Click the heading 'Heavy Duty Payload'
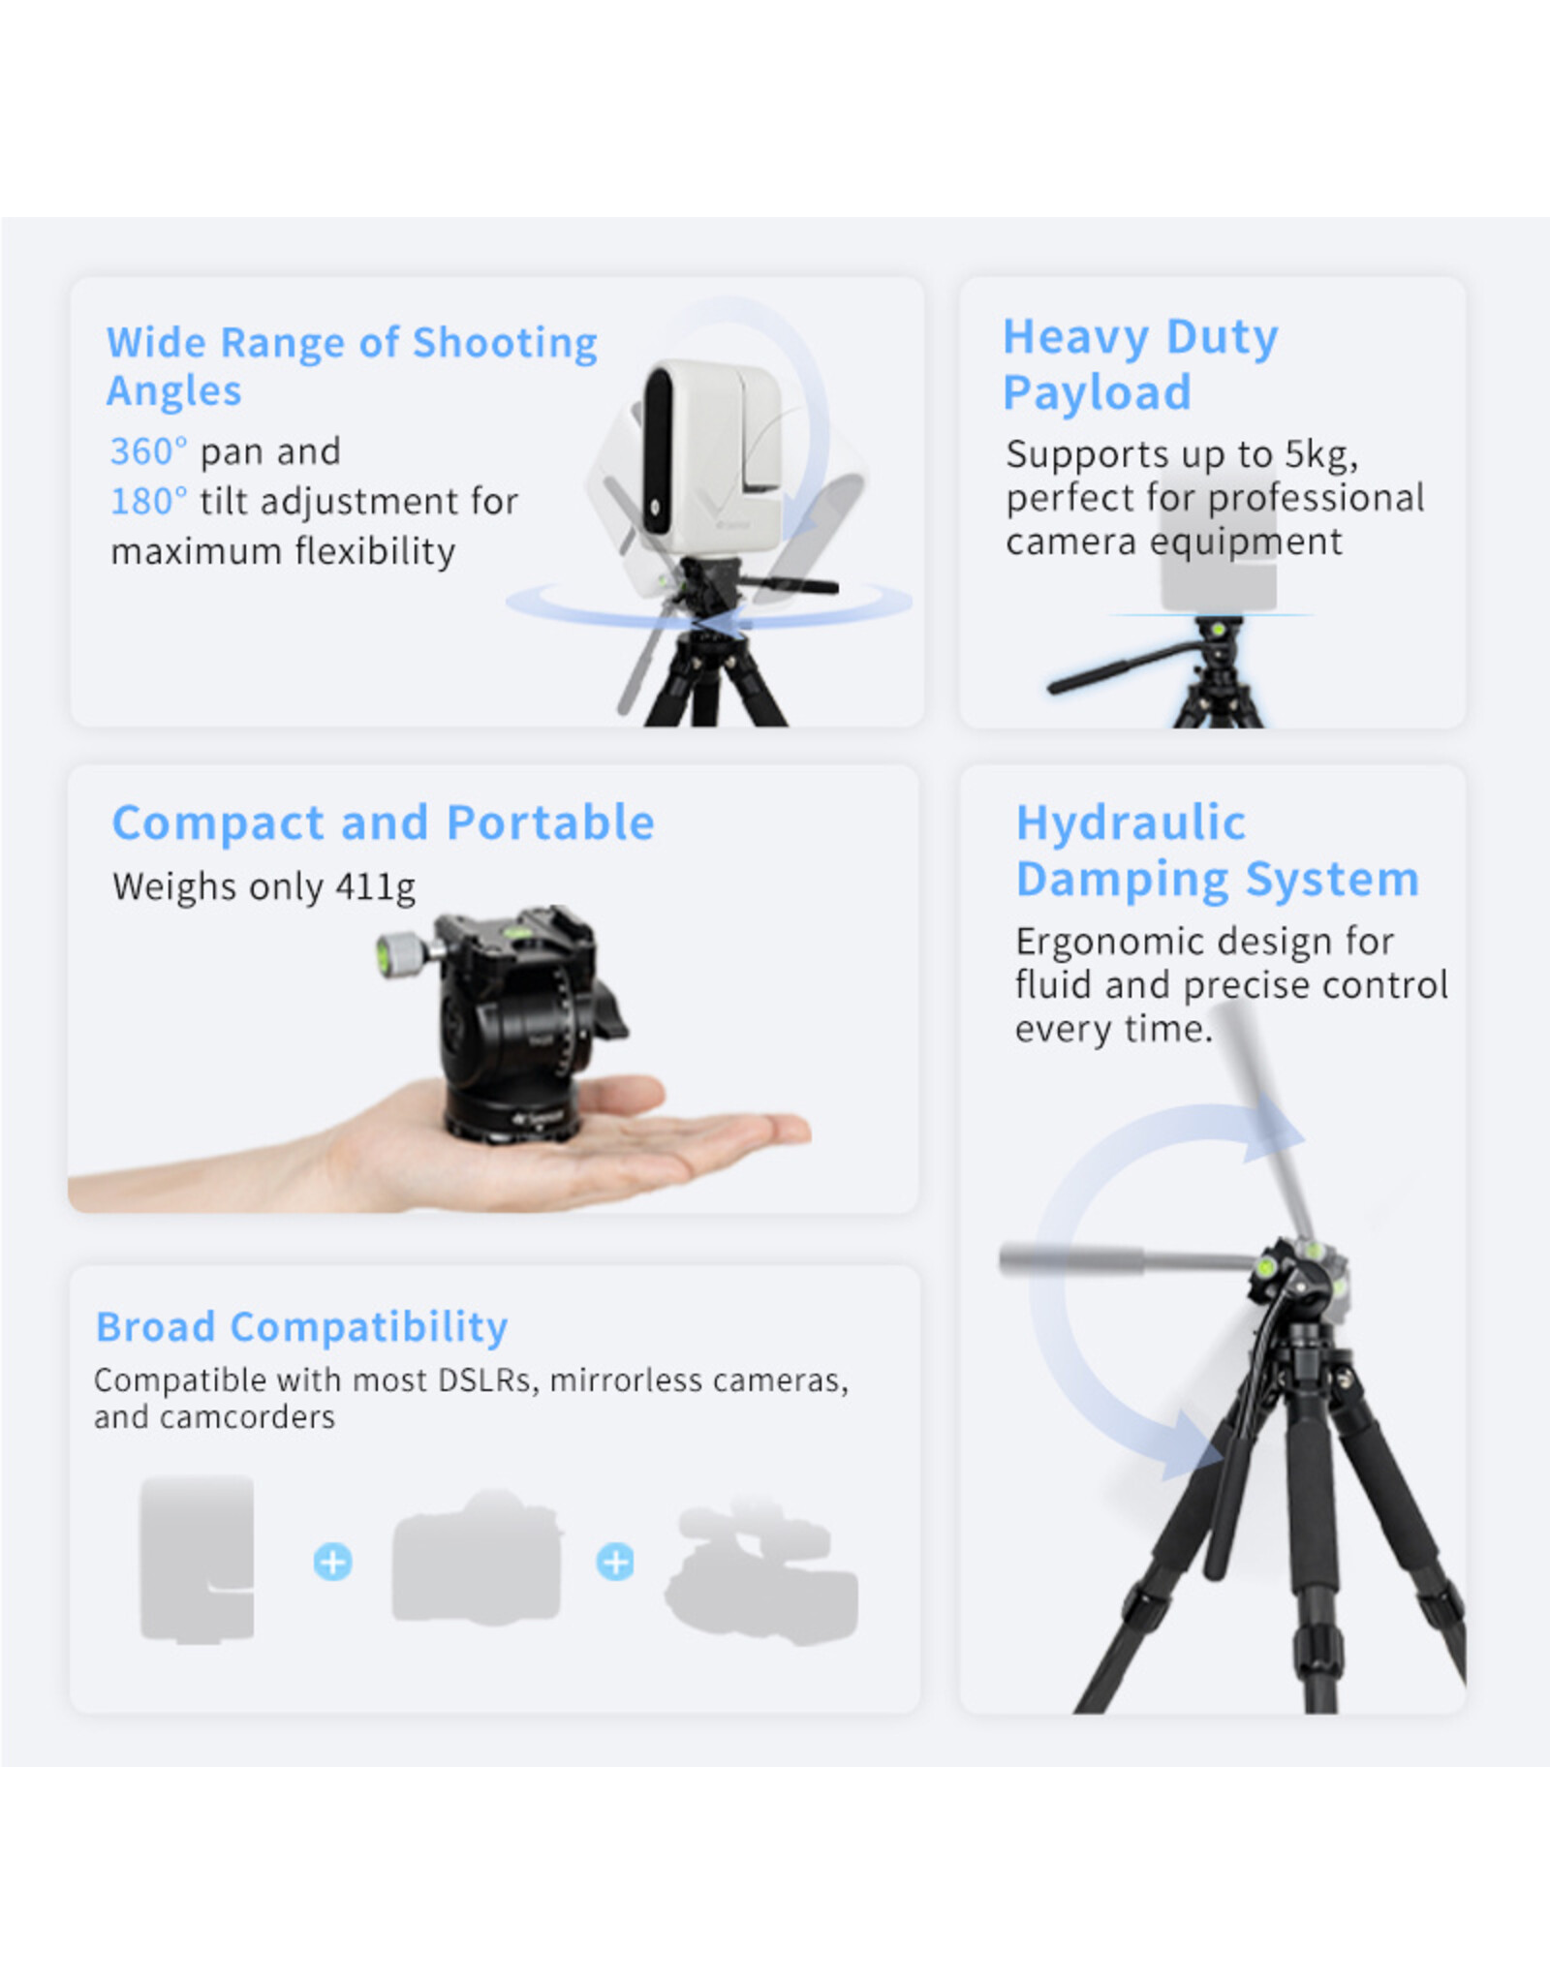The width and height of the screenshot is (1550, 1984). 1140,364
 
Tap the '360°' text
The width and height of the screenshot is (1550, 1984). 148,451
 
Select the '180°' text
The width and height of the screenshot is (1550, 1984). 148,502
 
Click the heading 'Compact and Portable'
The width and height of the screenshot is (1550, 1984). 383,822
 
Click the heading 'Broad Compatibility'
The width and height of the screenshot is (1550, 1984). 301,1326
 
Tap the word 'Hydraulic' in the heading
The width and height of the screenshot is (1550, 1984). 1131,822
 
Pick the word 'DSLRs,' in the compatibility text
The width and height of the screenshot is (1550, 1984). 487,1379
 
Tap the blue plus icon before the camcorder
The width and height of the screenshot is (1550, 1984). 615,1562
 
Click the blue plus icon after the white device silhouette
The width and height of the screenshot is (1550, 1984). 332,1562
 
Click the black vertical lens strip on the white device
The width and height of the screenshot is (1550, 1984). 658,450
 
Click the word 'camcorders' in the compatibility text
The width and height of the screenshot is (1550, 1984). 247,1417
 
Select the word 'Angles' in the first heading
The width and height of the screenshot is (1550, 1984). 174,390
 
